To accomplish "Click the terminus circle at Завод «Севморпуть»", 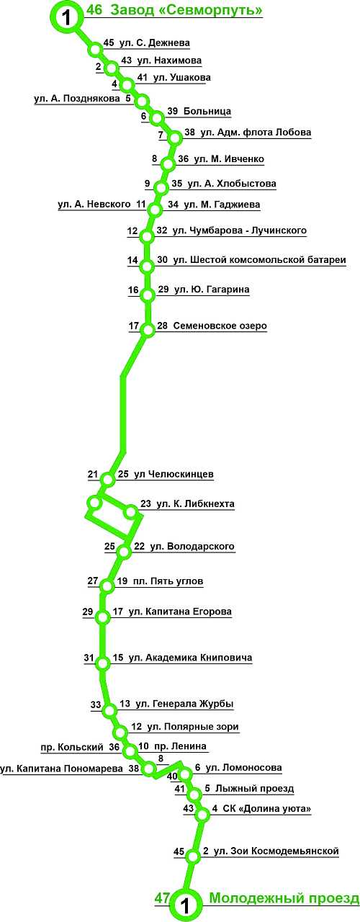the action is click(x=66, y=17).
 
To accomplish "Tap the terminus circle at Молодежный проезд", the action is click(x=186, y=905).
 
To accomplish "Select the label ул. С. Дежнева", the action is click(x=154, y=42).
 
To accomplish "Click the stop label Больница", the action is click(x=207, y=111).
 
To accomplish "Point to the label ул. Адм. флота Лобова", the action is click(x=256, y=133).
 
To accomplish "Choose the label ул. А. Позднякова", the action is click(x=77, y=99).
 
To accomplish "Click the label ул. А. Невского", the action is click(x=94, y=204).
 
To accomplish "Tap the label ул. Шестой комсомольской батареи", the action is click(x=260, y=260).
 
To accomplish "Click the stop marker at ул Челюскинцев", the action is click(x=107, y=479).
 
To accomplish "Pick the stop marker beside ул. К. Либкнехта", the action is click(x=131, y=512).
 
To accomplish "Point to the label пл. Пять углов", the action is click(x=168, y=581).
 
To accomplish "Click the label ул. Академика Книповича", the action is click(x=191, y=658).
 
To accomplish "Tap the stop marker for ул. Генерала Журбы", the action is click(x=110, y=710).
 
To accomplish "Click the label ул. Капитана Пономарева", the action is click(x=62, y=769).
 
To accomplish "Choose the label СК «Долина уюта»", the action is click(x=267, y=808).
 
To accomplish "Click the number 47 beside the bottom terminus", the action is click(x=163, y=898).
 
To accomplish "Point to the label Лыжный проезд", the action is click(x=255, y=789).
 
